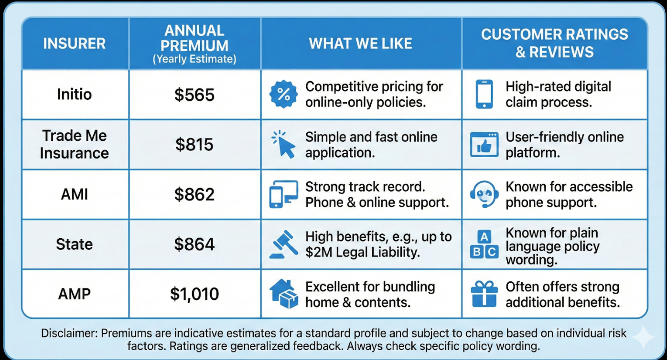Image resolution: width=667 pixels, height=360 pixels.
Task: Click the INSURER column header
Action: (x=75, y=43)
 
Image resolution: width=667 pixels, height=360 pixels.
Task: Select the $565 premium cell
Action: (x=194, y=95)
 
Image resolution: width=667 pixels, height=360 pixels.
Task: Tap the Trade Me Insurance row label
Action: (x=75, y=144)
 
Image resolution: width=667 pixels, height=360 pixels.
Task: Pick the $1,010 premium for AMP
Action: (x=194, y=294)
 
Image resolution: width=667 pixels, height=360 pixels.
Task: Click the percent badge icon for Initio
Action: (x=283, y=94)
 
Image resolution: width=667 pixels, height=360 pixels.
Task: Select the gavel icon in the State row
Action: (x=284, y=244)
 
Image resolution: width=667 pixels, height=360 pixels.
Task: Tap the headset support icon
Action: (x=484, y=194)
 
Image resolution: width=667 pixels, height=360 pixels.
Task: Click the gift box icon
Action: (x=484, y=294)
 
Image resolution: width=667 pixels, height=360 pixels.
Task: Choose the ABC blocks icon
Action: (x=484, y=244)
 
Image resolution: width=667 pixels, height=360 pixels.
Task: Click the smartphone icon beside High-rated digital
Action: (x=484, y=94)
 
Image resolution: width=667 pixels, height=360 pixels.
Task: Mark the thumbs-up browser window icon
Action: (x=484, y=144)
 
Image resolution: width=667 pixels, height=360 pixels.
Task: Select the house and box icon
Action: (x=284, y=294)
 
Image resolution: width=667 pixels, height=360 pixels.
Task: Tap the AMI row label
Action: (x=75, y=194)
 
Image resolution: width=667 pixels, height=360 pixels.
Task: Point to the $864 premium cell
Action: (x=194, y=244)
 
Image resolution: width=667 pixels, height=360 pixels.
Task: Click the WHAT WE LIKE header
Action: (x=360, y=43)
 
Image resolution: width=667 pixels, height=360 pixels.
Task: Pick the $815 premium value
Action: (x=194, y=144)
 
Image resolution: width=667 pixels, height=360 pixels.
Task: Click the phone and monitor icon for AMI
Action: (x=284, y=194)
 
